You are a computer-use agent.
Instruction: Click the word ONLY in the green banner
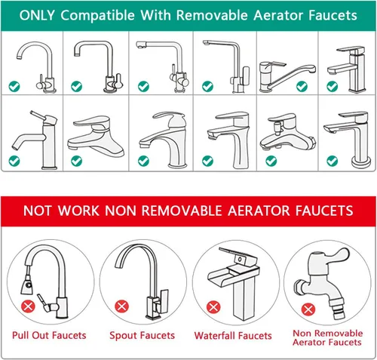click(37, 15)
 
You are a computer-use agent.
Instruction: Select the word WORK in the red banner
click(78, 211)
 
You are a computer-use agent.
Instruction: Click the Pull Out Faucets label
click(49, 335)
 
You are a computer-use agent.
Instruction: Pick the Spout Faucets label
click(142, 336)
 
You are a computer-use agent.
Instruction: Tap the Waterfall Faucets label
click(233, 336)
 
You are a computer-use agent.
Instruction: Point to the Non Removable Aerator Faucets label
click(328, 338)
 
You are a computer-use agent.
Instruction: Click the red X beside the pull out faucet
click(28, 306)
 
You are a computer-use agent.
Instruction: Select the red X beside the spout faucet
click(121, 306)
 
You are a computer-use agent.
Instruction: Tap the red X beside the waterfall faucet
click(213, 307)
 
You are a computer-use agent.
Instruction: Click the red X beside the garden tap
click(308, 309)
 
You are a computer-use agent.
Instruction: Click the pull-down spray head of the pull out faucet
click(26, 285)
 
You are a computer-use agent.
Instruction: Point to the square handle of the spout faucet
click(164, 300)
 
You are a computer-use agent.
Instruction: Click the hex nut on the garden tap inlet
click(299, 288)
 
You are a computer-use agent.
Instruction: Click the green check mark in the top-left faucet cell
click(14, 87)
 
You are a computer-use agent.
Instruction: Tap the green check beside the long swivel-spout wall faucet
click(302, 87)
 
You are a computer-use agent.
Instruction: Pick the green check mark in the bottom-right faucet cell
click(333, 161)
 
